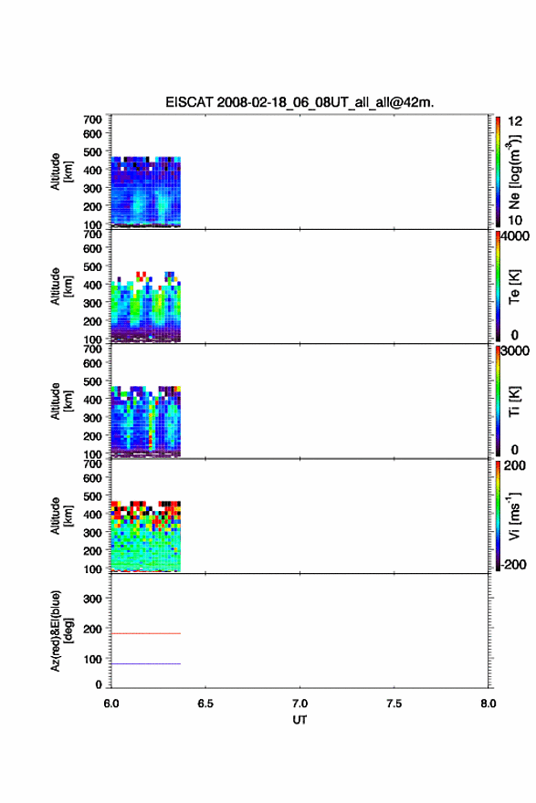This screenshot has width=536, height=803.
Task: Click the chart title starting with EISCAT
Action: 300,102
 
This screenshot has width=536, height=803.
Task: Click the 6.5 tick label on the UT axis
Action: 205,704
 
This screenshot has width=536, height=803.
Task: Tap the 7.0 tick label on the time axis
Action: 300,704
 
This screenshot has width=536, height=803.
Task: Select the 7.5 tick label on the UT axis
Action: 394,704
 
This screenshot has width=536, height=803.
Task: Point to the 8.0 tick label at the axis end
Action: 489,704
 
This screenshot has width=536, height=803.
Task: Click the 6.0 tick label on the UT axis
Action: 111,704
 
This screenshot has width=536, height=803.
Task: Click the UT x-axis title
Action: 300,720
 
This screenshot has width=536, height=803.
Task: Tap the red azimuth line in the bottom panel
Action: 145,633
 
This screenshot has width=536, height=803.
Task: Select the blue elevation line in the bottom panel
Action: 145,663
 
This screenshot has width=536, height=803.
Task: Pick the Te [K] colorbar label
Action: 514,287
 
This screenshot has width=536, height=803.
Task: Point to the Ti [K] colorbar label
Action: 514,401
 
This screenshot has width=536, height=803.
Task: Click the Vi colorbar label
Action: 514,516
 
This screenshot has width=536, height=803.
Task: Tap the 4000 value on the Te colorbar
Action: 515,236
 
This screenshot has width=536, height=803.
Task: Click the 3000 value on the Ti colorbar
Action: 515,350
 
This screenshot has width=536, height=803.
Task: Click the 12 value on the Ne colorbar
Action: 515,121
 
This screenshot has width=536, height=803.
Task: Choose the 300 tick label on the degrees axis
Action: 92,599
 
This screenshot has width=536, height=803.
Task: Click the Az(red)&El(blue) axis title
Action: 61,631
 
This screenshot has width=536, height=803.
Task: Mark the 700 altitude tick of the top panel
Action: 92,120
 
